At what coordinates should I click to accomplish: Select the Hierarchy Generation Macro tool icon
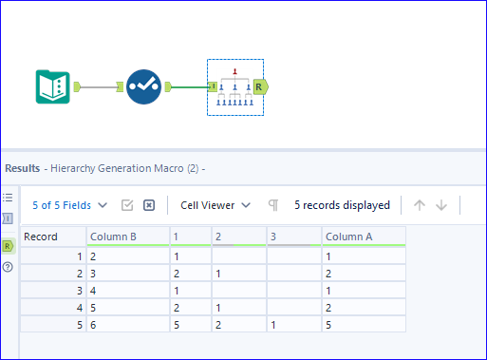(x=234, y=86)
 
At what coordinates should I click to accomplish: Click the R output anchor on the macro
(x=260, y=86)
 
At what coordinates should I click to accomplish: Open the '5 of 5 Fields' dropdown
(x=69, y=204)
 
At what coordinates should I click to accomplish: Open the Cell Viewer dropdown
(x=216, y=204)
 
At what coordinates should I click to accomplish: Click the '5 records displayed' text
(x=342, y=204)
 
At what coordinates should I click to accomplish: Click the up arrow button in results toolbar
(x=420, y=205)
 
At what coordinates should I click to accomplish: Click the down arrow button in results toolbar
(x=441, y=205)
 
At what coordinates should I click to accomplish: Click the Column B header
(x=126, y=237)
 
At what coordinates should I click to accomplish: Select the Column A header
(x=363, y=237)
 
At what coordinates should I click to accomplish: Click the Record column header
(x=51, y=237)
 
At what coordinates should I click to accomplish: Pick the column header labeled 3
(x=293, y=237)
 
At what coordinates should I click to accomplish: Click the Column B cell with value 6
(x=126, y=324)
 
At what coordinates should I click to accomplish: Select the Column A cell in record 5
(x=363, y=324)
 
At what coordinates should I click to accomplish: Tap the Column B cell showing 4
(x=126, y=290)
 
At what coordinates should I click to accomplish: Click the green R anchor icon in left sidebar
(x=9, y=245)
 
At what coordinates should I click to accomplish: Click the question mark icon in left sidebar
(x=9, y=267)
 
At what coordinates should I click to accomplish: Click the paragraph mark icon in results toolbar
(x=273, y=205)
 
